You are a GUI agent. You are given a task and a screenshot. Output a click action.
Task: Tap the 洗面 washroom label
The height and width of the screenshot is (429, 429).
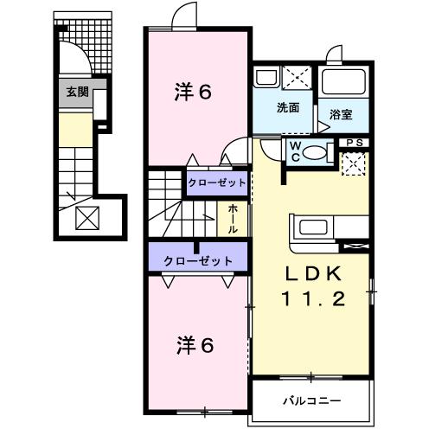(x=288, y=109)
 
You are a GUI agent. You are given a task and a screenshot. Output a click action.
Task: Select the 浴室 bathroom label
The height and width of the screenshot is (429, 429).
(x=339, y=112)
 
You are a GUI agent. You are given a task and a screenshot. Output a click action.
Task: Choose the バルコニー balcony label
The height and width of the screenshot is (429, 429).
(x=311, y=400)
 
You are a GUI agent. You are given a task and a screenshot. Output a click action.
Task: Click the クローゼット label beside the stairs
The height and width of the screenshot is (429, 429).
(x=218, y=182)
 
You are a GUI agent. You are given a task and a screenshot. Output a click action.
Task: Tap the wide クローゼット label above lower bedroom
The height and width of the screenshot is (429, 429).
(x=198, y=259)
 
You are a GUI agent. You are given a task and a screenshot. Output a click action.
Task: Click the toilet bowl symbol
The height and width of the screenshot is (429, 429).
(x=317, y=153)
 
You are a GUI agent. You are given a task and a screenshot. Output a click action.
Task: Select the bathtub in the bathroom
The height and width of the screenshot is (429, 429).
(x=343, y=84)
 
